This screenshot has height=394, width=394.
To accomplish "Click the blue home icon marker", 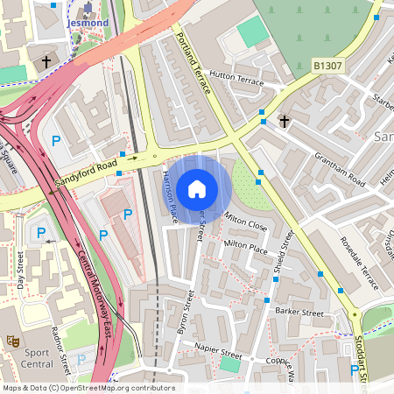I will tap(197, 189).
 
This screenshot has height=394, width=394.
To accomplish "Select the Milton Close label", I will tap(245, 224).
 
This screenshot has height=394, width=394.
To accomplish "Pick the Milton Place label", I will tap(246, 249).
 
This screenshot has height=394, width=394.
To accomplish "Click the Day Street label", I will tap(20, 271).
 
